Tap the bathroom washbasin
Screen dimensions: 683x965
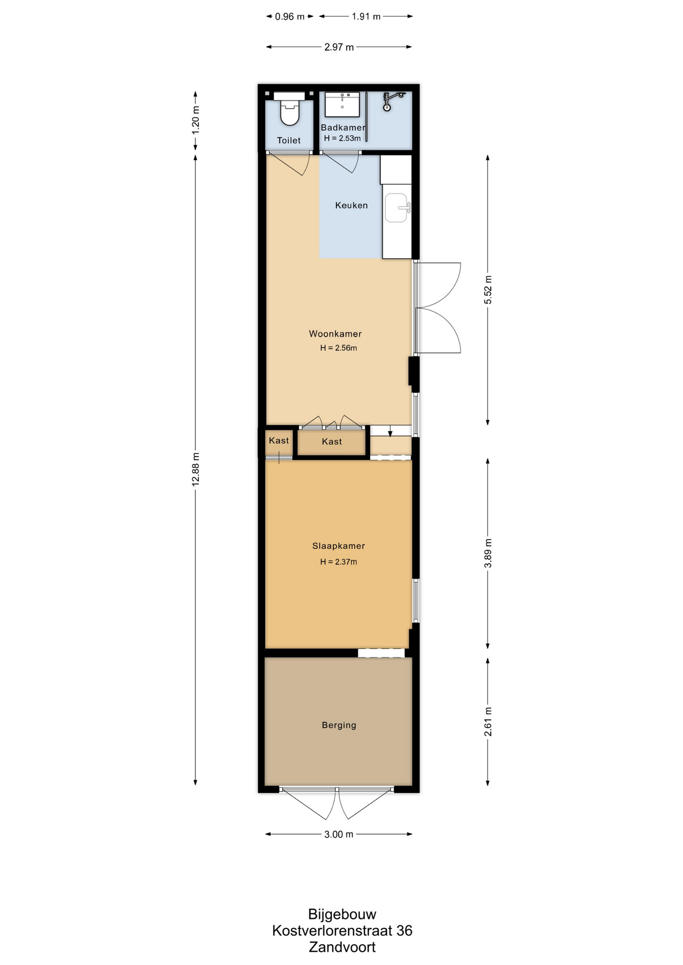coord(342,104)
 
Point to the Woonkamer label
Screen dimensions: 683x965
coord(335,334)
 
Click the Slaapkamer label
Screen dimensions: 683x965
coord(338,546)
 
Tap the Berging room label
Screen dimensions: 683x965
coord(339,725)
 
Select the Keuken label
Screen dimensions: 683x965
coord(352,205)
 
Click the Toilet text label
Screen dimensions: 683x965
coord(289,141)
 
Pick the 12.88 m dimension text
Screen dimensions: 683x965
coord(196,469)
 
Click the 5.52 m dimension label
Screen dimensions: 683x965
coord(488,290)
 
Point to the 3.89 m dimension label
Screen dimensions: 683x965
coord(488,553)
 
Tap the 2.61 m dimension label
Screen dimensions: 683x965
coord(488,722)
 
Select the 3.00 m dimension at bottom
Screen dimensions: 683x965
coord(338,834)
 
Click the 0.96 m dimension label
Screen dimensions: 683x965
coord(290,17)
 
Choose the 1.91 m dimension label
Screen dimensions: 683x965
coord(366,17)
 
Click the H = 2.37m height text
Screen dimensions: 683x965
coord(338,562)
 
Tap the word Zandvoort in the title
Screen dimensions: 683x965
coord(342,947)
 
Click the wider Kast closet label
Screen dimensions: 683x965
coord(332,442)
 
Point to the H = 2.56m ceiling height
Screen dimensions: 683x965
coord(338,348)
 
